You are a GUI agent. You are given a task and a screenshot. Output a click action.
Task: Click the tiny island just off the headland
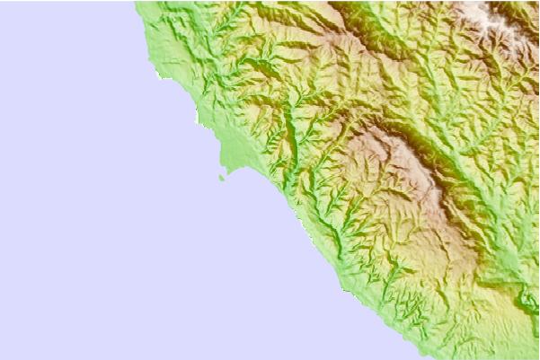221,178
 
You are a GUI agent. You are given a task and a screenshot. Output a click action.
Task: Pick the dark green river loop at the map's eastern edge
528,301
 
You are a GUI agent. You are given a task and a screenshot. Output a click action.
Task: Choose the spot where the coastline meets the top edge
136,2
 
